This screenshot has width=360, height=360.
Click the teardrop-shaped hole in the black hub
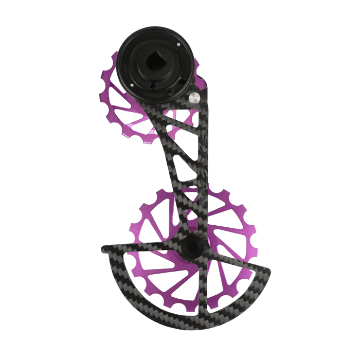(x=155, y=61)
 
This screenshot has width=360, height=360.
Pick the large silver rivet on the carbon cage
(x=194, y=97)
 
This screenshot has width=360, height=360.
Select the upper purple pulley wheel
(x=129, y=103)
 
